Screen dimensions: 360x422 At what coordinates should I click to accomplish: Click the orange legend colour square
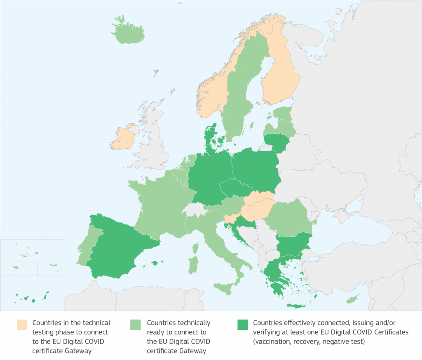pyautogui.click(x=22, y=325)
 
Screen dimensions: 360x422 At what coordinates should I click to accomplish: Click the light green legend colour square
pyautogui.click(x=135, y=325)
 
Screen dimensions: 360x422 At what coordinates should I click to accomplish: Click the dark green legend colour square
pyautogui.click(x=242, y=325)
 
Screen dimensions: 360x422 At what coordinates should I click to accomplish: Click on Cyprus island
pyautogui.click(x=352, y=299)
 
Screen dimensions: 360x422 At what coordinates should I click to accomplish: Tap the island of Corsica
pyautogui.click(x=196, y=248)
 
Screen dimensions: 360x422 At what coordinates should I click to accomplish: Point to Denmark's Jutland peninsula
pyautogui.click(x=211, y=136)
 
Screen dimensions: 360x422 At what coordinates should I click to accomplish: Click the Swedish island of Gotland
pyautogui.click(x=252, y=124)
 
